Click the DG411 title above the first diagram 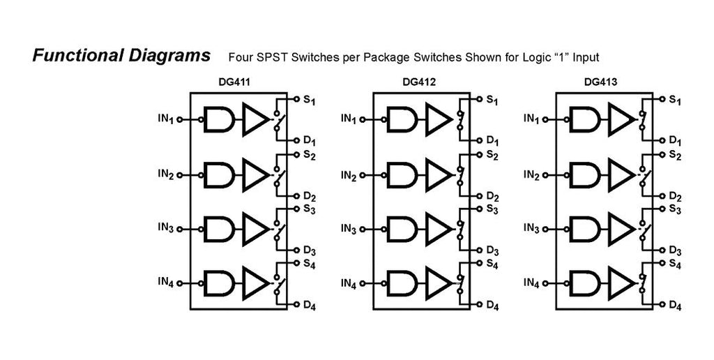click(234, 82)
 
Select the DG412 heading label click(419, 82)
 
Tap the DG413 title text click(601, 82)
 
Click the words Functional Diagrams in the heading click(121, 56)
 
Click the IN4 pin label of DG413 click(531, 283)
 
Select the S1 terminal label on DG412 click(492, 100)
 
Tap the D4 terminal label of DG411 click(310, 306)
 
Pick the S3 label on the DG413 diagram click(675, 210)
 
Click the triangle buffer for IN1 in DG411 click(255, 119)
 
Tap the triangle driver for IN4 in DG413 click(621, 283)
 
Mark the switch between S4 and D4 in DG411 click(278, 284)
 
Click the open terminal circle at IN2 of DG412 click(362, 175)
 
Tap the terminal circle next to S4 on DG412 click(479, 263)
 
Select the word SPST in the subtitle click(273, 57)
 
